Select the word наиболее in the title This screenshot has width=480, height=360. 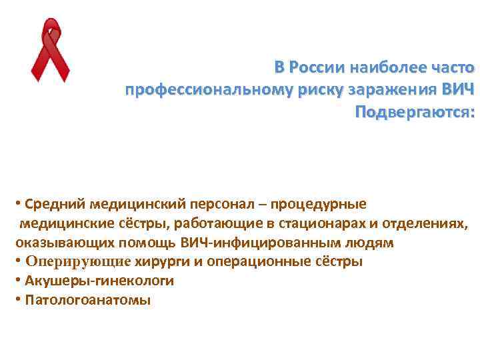pyautogui.click(x=394, y=68)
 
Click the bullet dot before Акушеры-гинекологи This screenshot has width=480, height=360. pyautogui.click(x=16, y=280)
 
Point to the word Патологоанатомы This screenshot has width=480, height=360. pyautogui.click(x=87, y=300)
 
